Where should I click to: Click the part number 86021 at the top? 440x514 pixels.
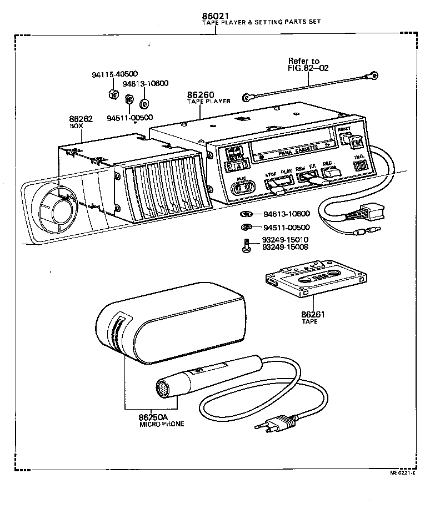[x=216, y=16]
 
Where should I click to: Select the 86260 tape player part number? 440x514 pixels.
[x=201, y=95]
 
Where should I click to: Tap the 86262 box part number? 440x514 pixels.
[x=81, y=119]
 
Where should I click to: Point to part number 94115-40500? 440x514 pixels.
[x=114, y=74]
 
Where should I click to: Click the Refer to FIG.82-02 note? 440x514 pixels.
[x=308, y=64]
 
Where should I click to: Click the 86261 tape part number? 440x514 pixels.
[x=313, y=314]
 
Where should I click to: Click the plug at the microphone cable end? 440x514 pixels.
[x=276, y=425]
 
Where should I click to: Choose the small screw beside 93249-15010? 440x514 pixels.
[x=247, y=244]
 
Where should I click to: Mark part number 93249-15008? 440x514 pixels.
[x=286, y=247]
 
